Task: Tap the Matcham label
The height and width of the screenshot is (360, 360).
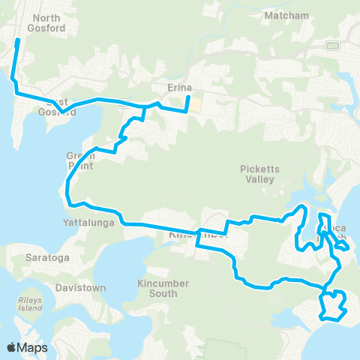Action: click(x=282, y=15)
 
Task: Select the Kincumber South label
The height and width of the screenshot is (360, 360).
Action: click(x=157, y=288)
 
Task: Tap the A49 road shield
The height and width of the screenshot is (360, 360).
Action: click(x=332, y=46)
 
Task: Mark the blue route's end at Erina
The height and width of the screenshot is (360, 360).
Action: click(x=187, y=95)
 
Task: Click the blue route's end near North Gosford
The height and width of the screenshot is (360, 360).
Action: click(x=18, y=39)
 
